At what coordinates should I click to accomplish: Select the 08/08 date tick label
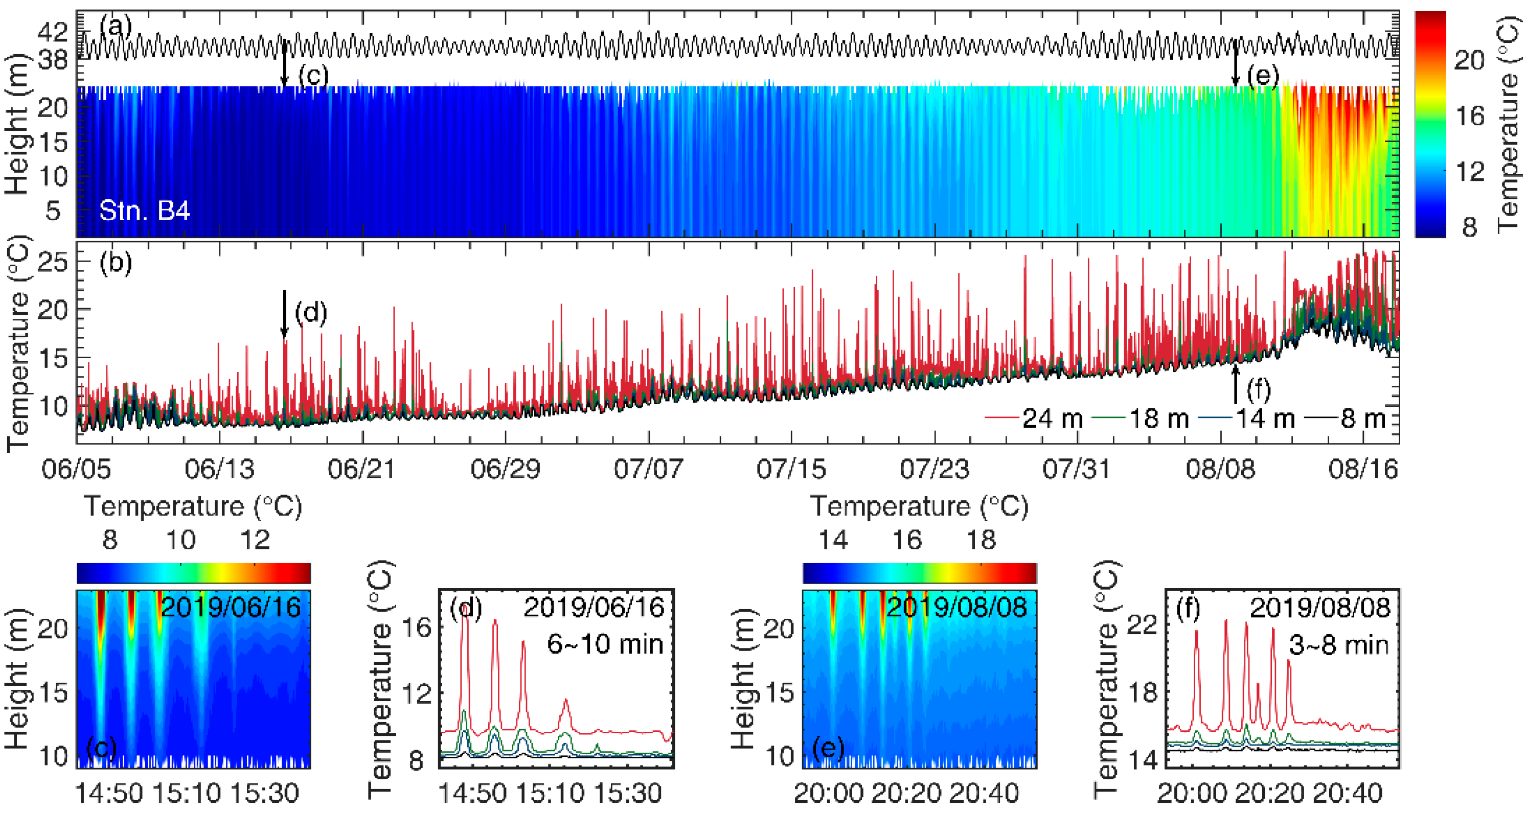[x=1220, y=469]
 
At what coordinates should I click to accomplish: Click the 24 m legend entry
[x=1034, y=419]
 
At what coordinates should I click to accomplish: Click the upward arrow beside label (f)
[x=1235, y=384]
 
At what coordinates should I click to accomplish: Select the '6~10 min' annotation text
[x=605, y=644]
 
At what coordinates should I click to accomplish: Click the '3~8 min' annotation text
[x=1339, y=644]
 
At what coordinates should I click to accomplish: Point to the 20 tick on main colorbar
[x=1469, y=60]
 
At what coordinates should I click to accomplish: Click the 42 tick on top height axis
[x=53, y=32]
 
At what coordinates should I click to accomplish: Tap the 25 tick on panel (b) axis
[x=53, y=261]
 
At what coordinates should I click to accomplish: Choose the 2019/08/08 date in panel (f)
[x=1320, y=608]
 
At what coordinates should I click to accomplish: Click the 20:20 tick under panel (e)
[x=906, y=793]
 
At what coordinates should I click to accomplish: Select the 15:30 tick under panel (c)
[x=264, y=793]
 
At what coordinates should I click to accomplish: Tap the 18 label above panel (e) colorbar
[x=981, y=540]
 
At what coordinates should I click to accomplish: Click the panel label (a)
[x=115, y=26]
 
